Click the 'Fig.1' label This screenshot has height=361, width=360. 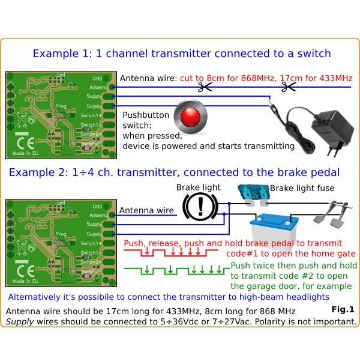[343, 310]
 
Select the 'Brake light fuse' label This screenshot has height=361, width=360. [301, 189]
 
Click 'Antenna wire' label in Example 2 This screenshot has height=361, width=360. [147, 211]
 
